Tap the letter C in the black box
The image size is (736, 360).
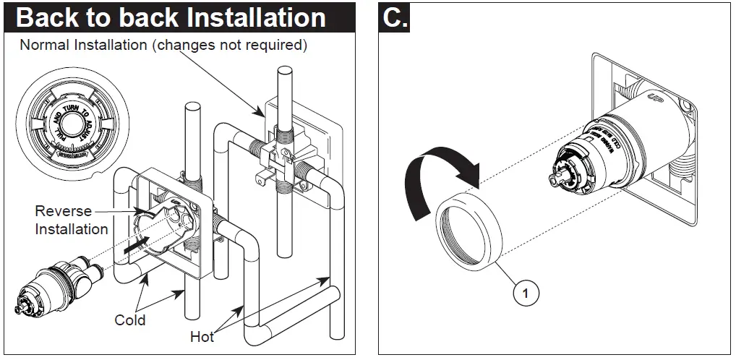395,17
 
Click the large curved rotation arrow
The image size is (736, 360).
435,177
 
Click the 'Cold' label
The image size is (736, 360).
130,320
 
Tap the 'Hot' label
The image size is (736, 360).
202,336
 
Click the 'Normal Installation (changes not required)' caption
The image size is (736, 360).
163,45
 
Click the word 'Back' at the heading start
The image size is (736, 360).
50,17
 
